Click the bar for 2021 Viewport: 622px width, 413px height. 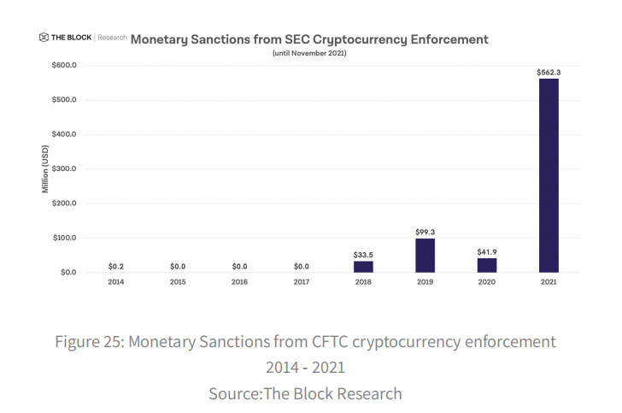click(549, 175)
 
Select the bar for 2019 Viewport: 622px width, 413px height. click(425, 255)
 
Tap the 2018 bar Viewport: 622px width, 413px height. click(363, 266)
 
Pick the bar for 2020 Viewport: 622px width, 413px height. click(486, 265)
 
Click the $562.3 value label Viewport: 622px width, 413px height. click(549, 72)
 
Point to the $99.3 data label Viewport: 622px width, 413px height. click(425, 232)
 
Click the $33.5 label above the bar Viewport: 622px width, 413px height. click(363, 254)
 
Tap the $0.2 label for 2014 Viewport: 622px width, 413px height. click(116, 266)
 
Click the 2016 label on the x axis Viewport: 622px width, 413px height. click(239, 281)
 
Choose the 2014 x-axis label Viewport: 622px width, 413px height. click(116, 281)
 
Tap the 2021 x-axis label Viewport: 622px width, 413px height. click(549, 281)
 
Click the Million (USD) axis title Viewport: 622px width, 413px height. click(45, 168)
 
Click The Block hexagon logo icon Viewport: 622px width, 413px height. click(44, 38)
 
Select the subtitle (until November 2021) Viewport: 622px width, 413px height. click(309, 53)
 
